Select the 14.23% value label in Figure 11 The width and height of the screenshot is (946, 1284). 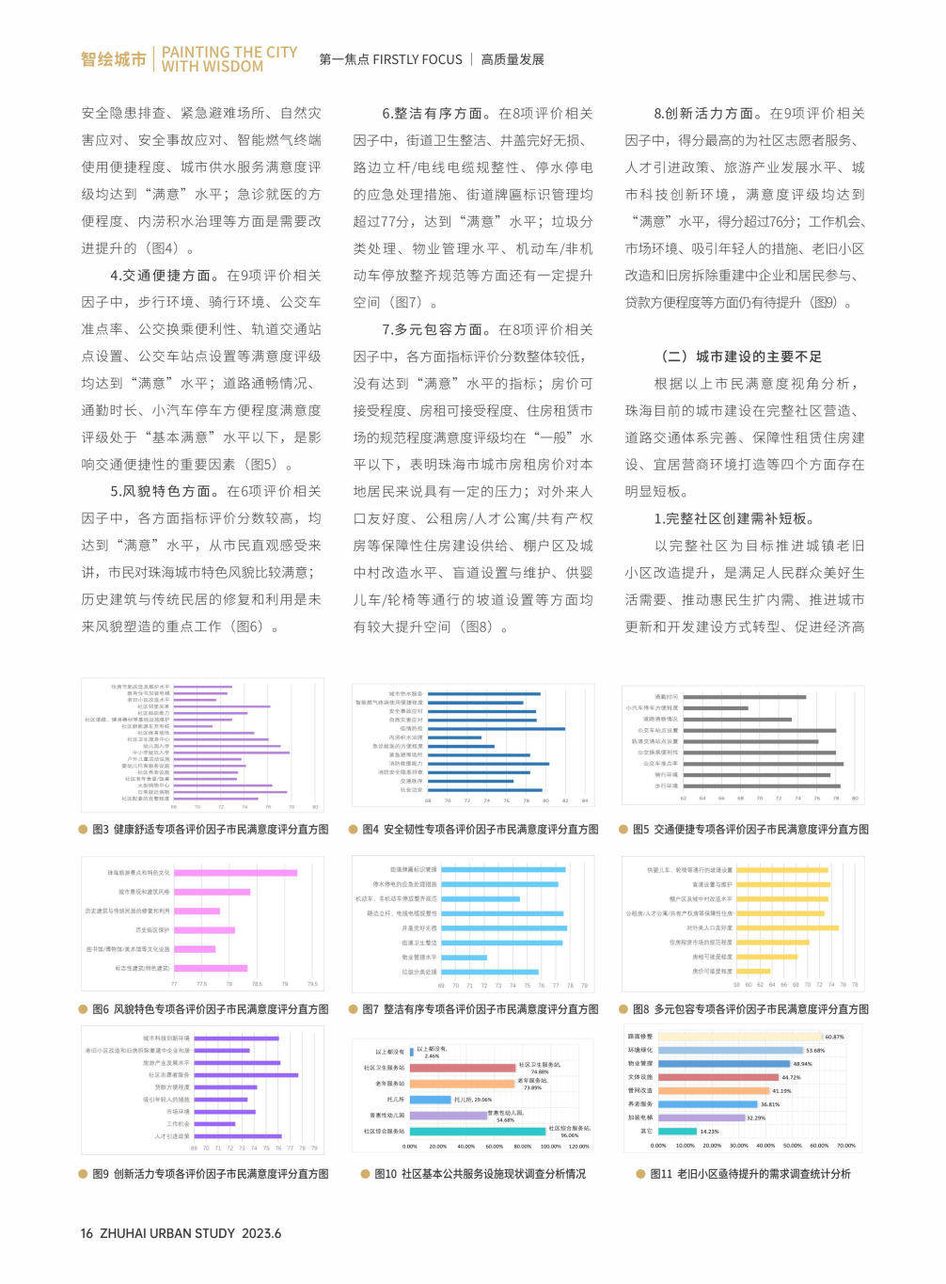tap(709, 1132)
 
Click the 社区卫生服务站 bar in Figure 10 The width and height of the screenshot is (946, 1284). tap(463, 1068)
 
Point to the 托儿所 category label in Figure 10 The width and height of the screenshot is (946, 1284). tap(395, 1099)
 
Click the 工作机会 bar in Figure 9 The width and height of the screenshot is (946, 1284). tap(213, 1123)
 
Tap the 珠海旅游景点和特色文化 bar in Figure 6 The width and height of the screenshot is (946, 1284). tap(235, 873)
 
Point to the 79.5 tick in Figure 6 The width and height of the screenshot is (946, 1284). tap(312, 984)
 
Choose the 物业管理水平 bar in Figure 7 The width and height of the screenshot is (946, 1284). tap(464, 958)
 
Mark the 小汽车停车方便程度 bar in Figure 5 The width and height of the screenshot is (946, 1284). tap(715, 707)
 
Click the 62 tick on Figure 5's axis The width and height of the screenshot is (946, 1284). tap(683, 798)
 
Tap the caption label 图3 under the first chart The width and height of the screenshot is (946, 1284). tap(101, 830)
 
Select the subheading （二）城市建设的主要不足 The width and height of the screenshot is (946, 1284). tap(742, 357)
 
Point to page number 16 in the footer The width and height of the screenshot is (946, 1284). tap(87, 1233)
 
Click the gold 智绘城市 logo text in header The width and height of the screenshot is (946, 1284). tap(113, 59)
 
